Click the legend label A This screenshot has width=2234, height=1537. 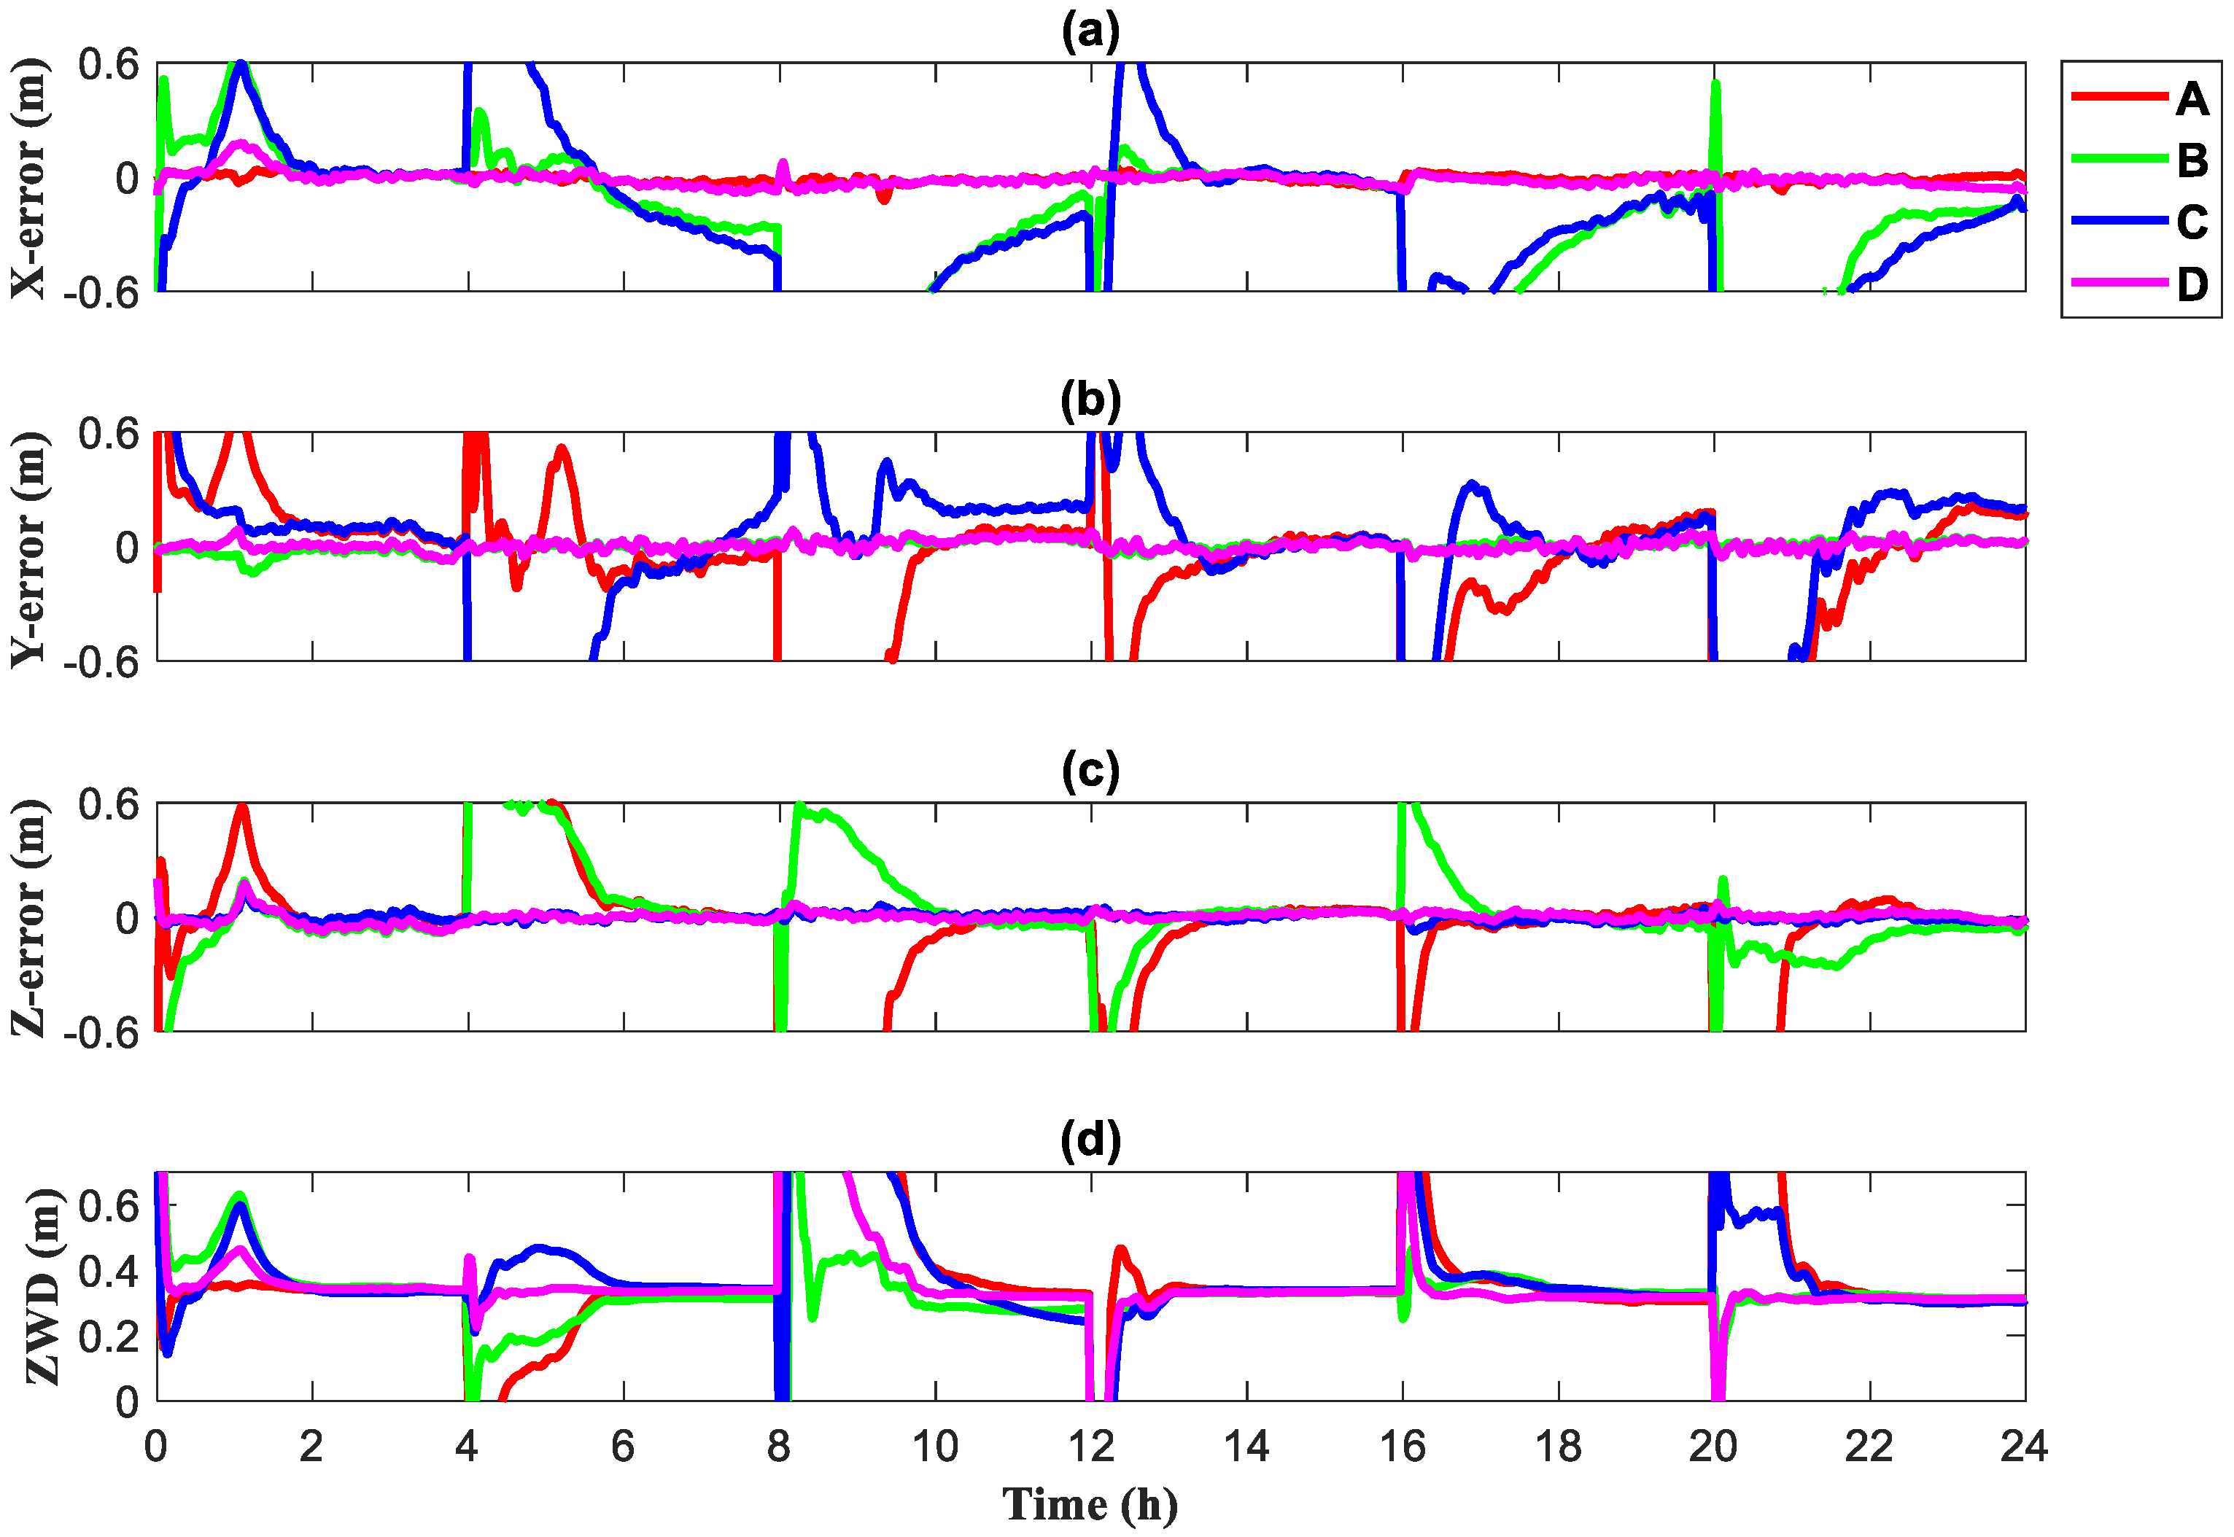click(x=2192, y=98)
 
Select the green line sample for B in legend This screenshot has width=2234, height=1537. click(x=2119, y=160)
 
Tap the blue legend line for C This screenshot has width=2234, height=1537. click(x=2119, y=222)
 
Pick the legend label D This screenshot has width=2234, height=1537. click(x=2192, y=284)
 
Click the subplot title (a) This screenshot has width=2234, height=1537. click(x=1090, y=32)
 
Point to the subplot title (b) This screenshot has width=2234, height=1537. click(x=1090, y=400)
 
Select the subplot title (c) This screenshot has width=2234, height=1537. click(x=1090, y=771)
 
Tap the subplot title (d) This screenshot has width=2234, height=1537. click(x=1090, y=1140)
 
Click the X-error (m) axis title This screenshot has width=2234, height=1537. click(x=29, y=178)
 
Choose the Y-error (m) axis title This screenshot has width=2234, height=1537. click(x=29, y=548)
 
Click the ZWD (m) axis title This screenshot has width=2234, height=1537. click(x=43, y=1287)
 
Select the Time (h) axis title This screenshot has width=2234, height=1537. click(x=1090, y=1503)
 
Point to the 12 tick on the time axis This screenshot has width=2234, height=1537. click(x=1090, y=1447)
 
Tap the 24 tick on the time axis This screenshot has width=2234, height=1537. click(x=2024, y=1447)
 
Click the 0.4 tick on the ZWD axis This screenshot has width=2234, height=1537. click(x=108, y=1271)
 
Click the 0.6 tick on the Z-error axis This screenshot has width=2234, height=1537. click(x=108, y=805)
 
